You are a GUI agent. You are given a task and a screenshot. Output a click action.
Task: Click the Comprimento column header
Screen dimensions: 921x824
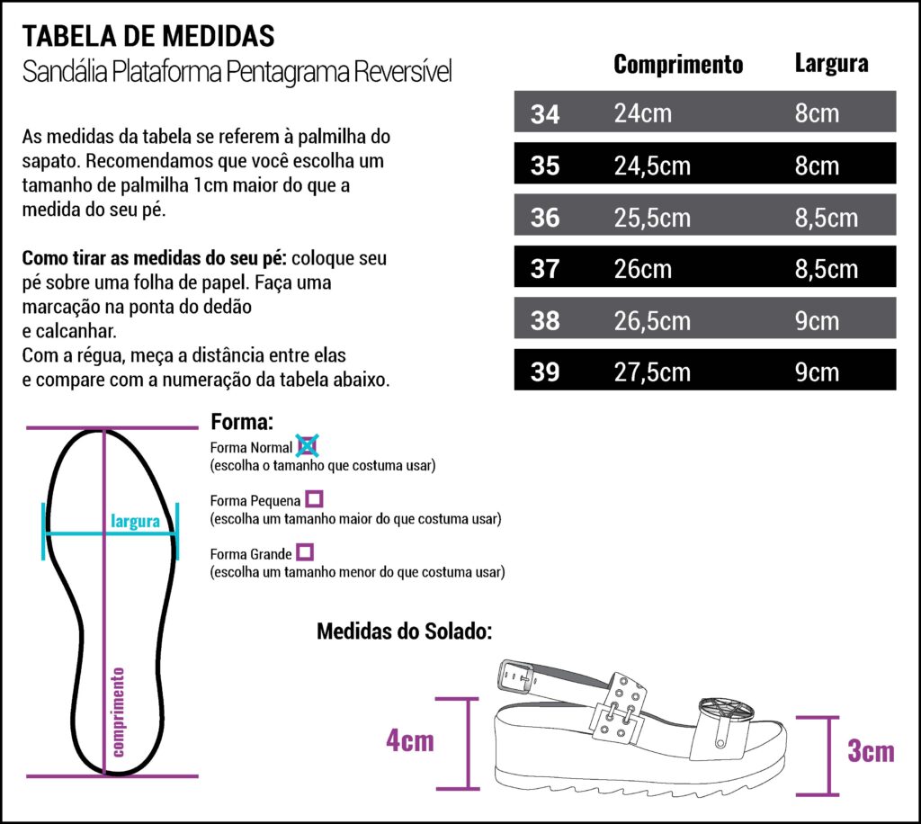point(678,65)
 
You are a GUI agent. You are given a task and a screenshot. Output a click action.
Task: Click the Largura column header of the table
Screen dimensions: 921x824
point(832,64)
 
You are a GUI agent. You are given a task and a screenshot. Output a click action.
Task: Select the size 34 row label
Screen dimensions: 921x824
point(545,114)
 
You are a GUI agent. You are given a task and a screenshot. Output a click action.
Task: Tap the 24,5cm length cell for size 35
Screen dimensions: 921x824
point(652,166)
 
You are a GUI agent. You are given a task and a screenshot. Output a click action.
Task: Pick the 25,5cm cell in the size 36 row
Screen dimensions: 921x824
point(652,218)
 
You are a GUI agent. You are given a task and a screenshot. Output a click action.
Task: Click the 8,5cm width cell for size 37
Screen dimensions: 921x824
point(827,269)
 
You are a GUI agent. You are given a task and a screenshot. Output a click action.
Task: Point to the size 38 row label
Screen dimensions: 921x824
point(545,320)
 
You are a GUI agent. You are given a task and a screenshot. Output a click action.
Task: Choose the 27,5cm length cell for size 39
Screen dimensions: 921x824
point(652,372)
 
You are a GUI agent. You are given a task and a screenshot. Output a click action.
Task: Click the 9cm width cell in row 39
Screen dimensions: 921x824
point(817,372)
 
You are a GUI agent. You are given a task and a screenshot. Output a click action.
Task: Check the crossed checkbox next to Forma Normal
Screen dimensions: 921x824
point(308,446)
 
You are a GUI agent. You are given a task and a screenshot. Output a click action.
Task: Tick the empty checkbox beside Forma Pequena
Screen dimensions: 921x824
point(314,499)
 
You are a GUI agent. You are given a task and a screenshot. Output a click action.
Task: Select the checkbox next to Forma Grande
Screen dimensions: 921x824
point(305,552)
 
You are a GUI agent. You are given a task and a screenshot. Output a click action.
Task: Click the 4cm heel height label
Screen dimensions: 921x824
point(410,740)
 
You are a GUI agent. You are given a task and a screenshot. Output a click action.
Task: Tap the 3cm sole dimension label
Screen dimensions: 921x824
point(871,750)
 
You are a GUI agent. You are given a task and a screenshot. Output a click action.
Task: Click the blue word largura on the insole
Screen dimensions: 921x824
point(135,521)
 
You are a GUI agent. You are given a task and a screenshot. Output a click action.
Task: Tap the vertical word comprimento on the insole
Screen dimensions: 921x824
point(118,712)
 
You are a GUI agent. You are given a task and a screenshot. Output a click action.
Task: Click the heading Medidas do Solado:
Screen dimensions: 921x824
point(404,631)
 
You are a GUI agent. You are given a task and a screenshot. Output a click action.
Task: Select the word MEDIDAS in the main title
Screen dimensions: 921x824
point(219,36)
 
